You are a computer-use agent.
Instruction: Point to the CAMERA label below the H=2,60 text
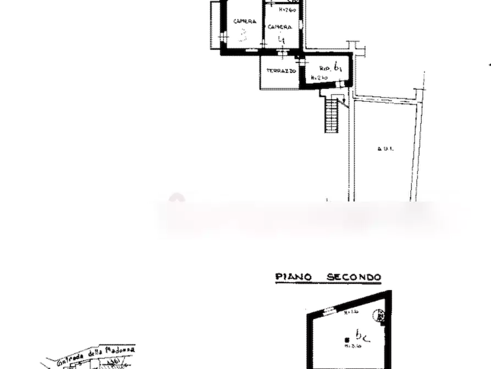click(277, 26)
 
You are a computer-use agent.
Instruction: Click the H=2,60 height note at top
click(286, 10)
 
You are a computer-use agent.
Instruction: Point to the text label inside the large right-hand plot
click(384, 149)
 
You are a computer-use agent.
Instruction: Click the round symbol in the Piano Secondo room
click(378, 316)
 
